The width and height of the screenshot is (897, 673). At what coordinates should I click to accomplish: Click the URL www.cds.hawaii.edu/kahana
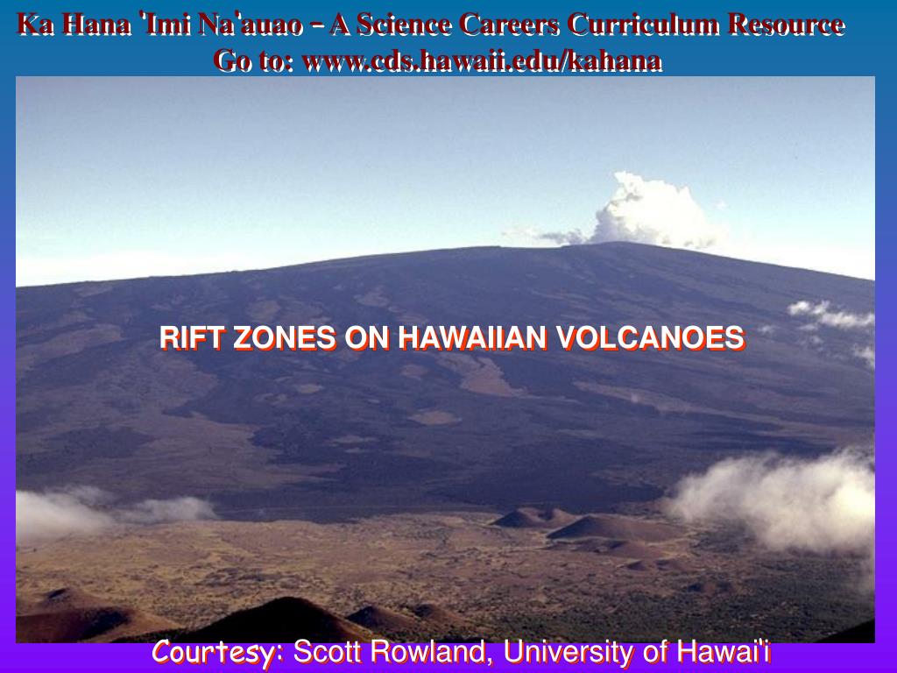[x=481, y=60]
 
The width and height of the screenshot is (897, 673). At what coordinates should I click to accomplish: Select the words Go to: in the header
[x=254, y=60]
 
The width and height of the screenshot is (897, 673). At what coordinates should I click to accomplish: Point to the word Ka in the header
[x=36, y=25]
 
